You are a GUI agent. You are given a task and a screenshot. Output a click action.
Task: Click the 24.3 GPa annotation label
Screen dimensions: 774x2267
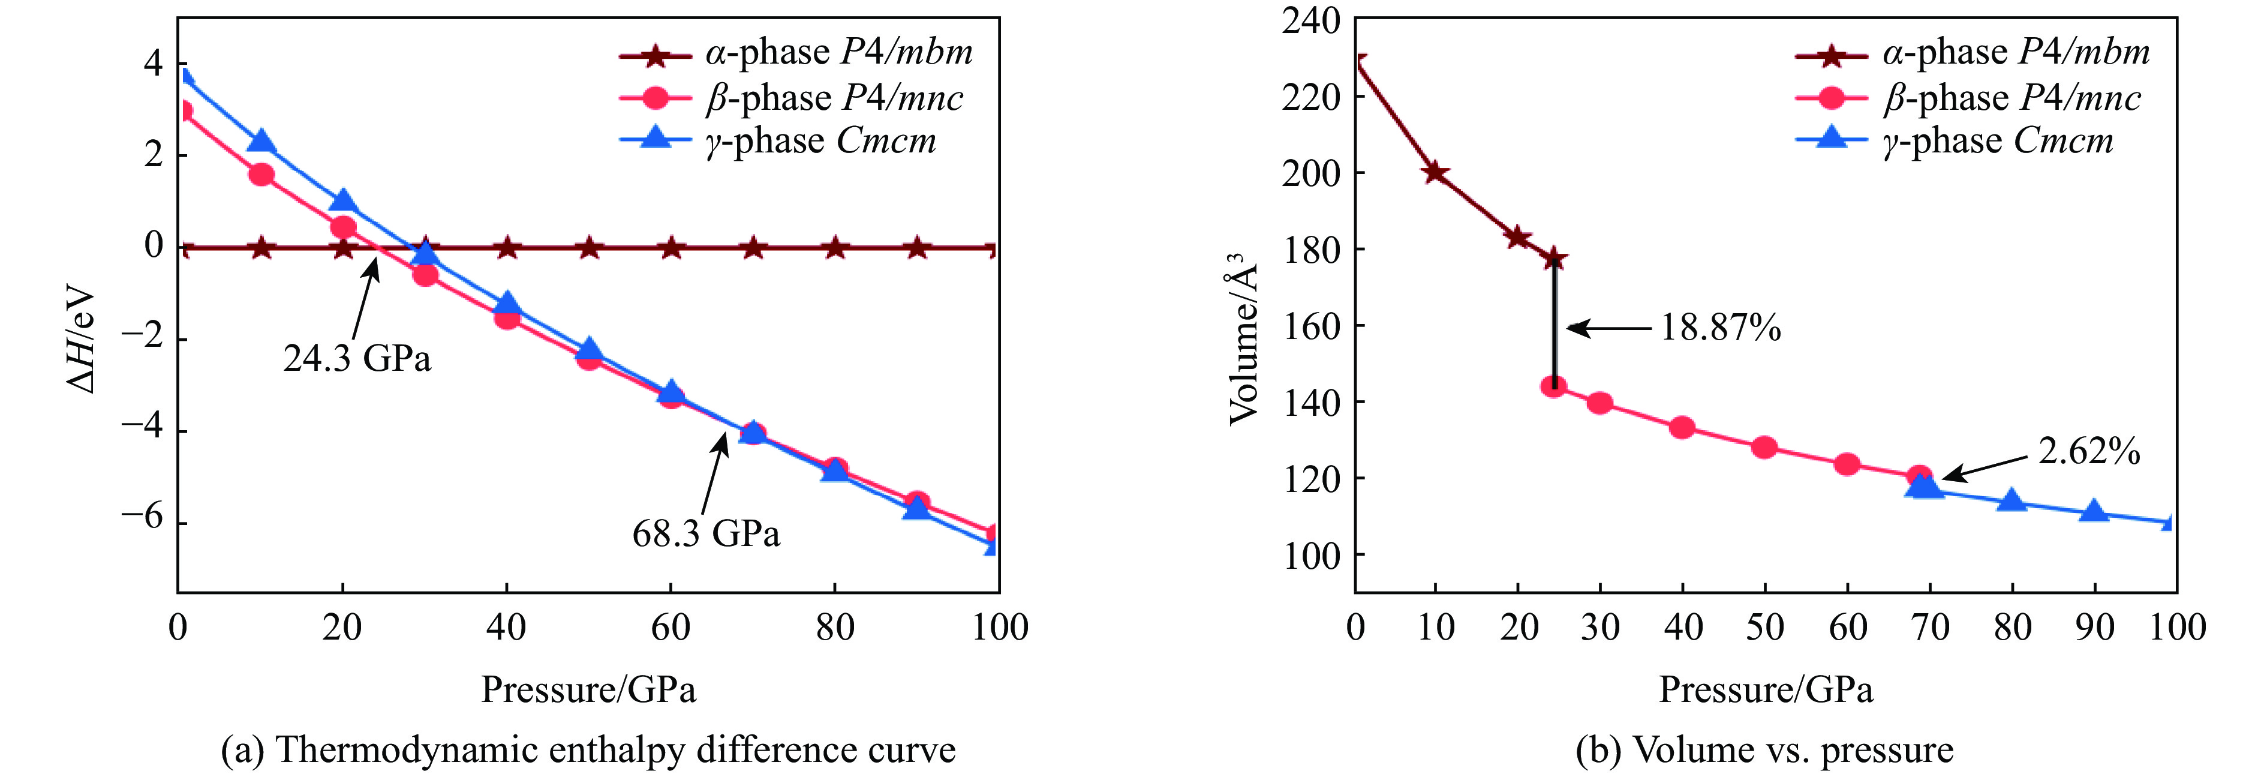[357, 358]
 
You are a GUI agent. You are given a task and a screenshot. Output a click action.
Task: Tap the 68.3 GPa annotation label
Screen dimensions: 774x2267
[706, 533]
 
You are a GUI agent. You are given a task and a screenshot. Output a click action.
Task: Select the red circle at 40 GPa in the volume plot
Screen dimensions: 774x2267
[1682, 428]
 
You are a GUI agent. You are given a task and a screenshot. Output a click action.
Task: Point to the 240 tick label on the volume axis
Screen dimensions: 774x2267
[1310, 20]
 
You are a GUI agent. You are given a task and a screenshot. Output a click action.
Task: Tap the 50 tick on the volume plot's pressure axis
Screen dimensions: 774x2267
[1764, 627]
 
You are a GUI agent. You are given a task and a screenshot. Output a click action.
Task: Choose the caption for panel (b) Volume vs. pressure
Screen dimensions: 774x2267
[1764, 750]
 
